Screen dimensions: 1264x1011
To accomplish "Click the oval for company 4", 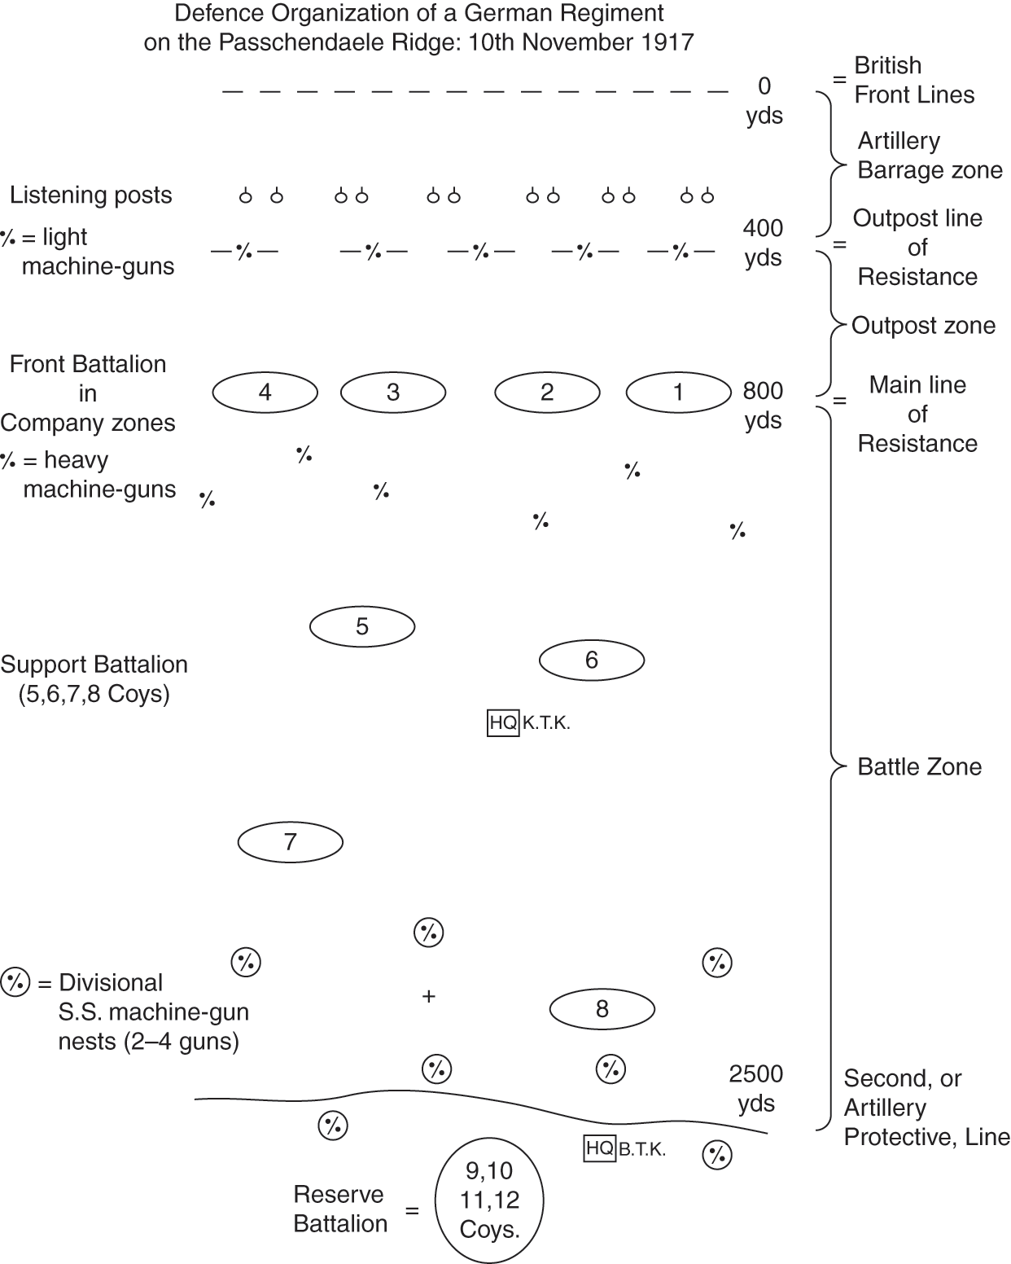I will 265,393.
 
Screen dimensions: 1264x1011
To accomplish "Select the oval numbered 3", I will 392,393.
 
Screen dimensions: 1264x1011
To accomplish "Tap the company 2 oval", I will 547,393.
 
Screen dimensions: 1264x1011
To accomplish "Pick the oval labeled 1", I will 678,393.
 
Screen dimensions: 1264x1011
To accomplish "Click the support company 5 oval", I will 362,626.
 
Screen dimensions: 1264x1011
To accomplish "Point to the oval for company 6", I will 592,660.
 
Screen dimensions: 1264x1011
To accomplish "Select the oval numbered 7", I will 291,842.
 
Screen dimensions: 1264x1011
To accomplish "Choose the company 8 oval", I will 602,1010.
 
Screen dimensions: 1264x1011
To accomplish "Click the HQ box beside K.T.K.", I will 503,722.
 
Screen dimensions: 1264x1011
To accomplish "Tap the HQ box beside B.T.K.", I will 600,1148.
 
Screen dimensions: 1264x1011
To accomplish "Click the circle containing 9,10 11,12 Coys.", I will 489,1200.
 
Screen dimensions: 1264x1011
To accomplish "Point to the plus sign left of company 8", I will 429,996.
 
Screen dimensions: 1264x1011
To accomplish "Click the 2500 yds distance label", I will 756,1089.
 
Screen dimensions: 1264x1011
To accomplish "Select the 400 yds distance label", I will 763,243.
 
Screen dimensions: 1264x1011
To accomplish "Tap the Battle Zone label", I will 920,767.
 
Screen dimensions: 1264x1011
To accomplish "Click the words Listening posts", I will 91,195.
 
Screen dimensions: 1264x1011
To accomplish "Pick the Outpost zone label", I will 923,326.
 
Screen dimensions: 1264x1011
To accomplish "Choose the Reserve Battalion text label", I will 340,1209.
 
